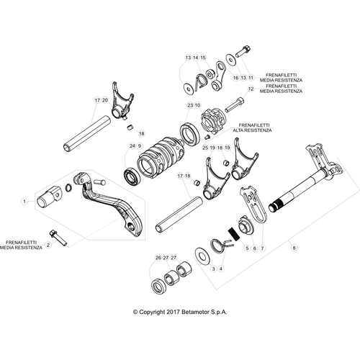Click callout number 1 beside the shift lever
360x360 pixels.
(x=24, y=201)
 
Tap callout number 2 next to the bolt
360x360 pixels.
(x=48, y=245)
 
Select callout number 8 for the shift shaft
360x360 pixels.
(x=294, y=248)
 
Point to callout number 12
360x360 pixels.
(x=251, y=89)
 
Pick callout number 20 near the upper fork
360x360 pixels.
(x=105, y=100)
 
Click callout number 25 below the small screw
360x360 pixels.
(x=205, y=148)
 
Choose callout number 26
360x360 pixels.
(x=158, y=258)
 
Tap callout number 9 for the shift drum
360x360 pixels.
(x=140, y=145)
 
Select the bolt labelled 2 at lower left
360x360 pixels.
(x=58, y=238)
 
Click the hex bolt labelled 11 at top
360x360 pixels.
(x=243, y=51)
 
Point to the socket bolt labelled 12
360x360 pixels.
(x=235, y=105)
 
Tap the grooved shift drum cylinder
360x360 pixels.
(x=161, y=157)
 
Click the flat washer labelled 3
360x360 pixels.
(x=202, y=256)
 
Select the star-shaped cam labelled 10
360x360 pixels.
(x=212, y=122)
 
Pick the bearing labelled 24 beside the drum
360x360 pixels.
(x=132, y=177)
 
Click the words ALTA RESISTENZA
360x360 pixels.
(x=252, y=130)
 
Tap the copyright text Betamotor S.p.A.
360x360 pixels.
(x=204, y=312)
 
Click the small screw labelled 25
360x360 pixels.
(x=207, y=137)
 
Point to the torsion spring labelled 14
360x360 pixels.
(x=201, y=81)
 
